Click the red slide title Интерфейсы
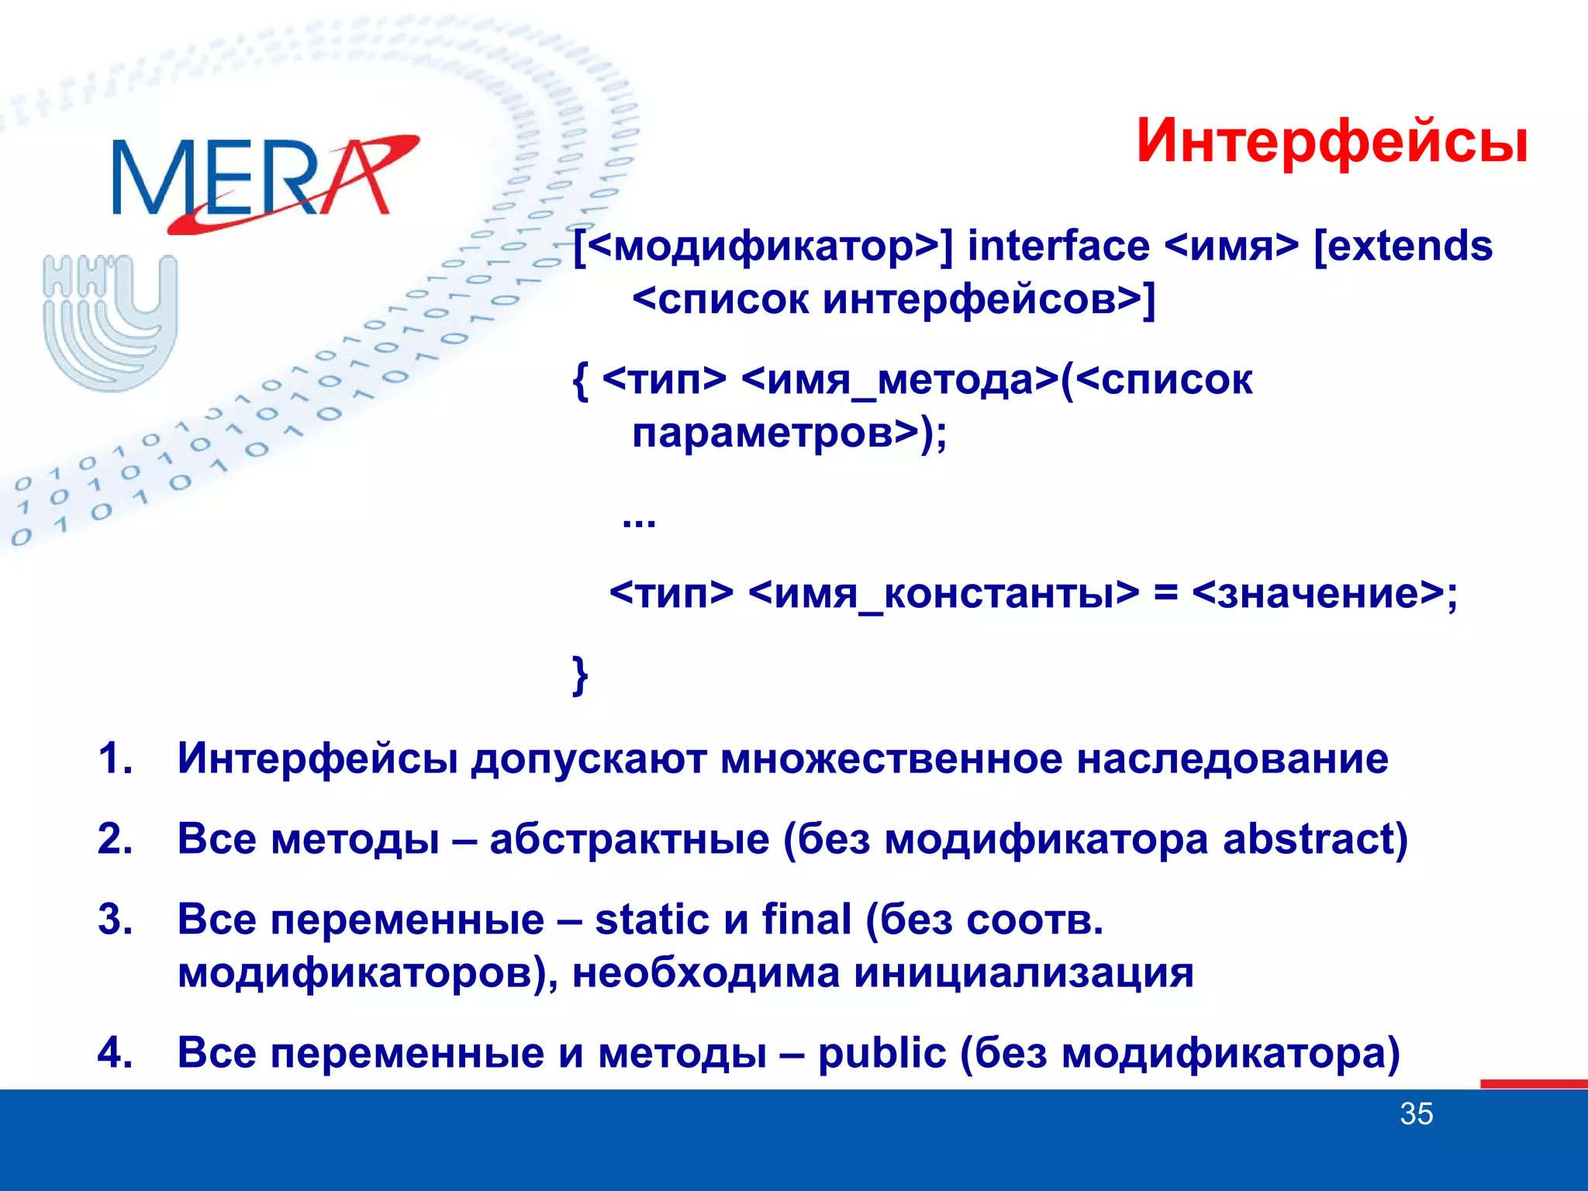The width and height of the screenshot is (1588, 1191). (1331, 142)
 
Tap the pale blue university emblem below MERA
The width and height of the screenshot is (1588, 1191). (111, 322)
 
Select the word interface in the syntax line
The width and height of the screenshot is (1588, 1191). (1058, 247)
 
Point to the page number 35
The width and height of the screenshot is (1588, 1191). (1416, 1114)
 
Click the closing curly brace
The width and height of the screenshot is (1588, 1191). (579, 675)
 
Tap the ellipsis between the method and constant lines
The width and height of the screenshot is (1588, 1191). (639, 522)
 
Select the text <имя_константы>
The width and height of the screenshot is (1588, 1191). (944, 595)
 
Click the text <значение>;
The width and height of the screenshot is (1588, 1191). (1324, 595)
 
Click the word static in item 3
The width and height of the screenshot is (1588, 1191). (652, 920)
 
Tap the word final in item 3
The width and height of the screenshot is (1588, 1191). (806, 920)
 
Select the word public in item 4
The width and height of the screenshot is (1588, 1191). (882, 1054)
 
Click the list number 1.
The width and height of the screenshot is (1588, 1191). (115, 758)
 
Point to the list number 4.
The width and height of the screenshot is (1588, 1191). (115, 1054)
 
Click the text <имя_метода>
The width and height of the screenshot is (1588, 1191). (899, 381)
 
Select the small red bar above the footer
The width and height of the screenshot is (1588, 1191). (1533, 1083)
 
